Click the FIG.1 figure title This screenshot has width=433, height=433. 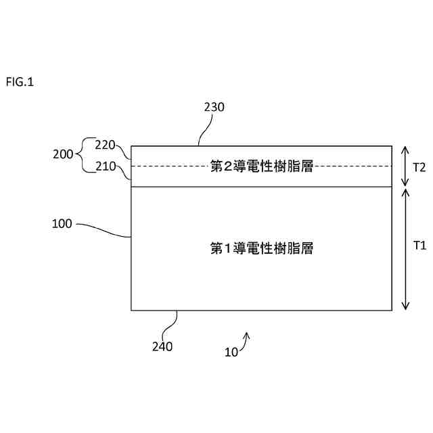tap(20, 83)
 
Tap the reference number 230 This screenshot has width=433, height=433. tap(214, 107)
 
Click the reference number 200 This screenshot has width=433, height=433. tap(63, 154)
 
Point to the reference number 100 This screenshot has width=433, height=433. tap(62, 223)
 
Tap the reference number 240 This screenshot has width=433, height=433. tap(162, 346)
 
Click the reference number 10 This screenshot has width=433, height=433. tap(231, 352)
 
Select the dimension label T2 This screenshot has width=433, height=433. tap(419, 167)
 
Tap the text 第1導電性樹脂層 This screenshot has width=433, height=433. tap(261, 248)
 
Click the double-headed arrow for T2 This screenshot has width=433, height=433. tap(405, 166)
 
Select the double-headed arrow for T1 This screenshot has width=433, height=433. tap(405, 248)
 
